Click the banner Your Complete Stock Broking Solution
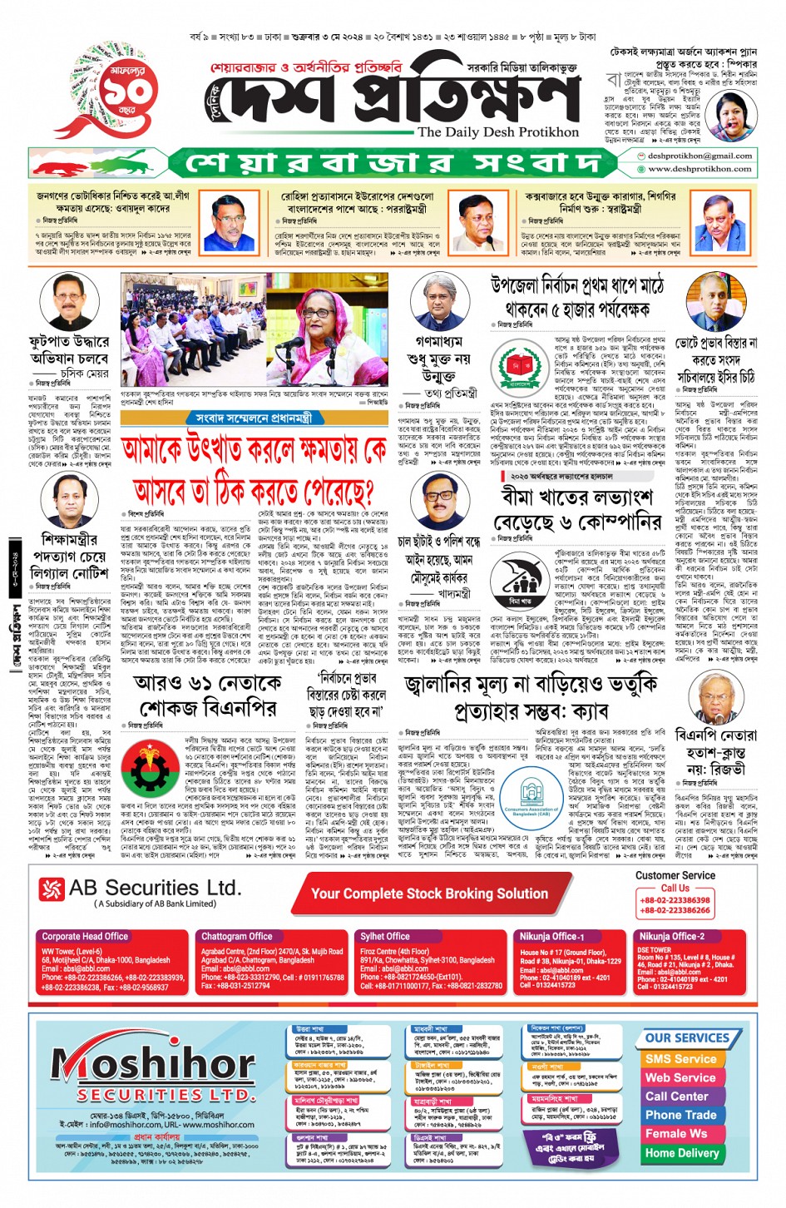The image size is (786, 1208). [429, 894]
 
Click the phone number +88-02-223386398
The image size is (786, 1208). [675, 900]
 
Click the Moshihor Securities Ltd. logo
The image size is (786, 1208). [142, 1074]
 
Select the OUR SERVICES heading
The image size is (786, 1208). [687, 1037]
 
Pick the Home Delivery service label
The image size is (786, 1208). [681, 1152]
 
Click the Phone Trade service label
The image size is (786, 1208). [680, 1115]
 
